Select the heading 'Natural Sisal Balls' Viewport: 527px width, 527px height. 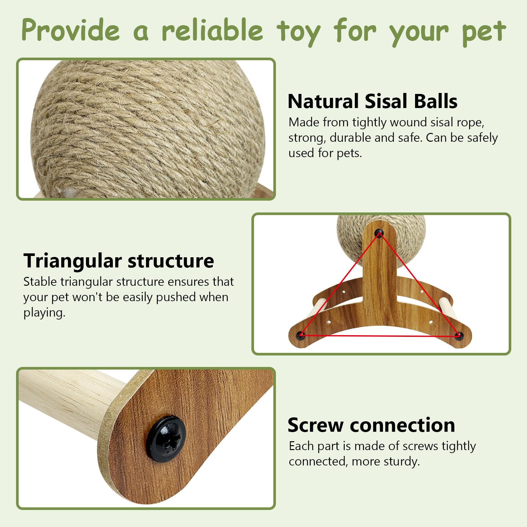[x=372, y=101]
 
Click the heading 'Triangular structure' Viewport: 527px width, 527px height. [x=118, y=261]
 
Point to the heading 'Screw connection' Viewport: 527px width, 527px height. [x=371, y=425]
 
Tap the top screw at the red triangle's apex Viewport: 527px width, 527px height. [x=379, y=233]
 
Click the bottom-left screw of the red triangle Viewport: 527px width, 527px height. [x=300, y=335]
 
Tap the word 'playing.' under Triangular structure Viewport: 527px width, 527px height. [x=44, y=313]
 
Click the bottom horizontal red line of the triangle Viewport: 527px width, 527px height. [x=380, y=336]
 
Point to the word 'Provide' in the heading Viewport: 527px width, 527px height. [x=71, y=30]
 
